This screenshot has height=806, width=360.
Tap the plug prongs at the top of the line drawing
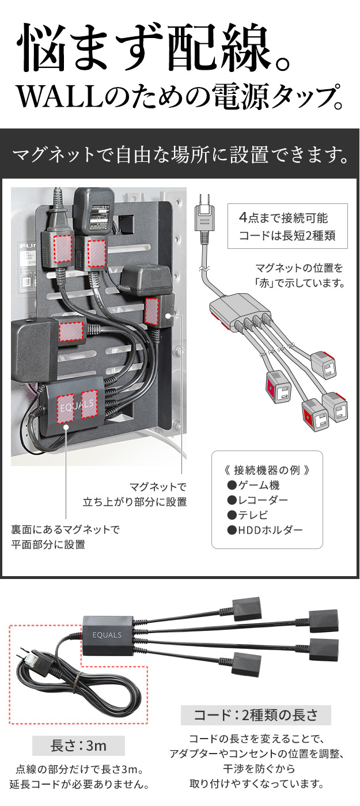pyautogui.click(x=204, y=200)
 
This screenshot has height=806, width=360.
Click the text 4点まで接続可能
pyautogui.click(x=283, y=218)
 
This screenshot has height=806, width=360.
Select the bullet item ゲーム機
pyautogui.click(x=253, y=486)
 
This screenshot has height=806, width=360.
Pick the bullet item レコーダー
pyautogui.click(x=257, y=500)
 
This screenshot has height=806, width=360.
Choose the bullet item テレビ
pyautogui.click(x=248, y=515)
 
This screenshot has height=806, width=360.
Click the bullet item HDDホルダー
pyautogui.click(x=265, y=529)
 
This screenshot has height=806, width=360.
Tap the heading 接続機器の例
pyautogui.click(x=267, y=470)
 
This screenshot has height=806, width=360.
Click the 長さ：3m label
pyautogui.click(x=78, y=746)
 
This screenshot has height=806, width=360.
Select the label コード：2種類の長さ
pyautogui.click(x=256, y=715)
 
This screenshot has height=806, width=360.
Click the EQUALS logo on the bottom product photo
pyautogui.click(x=107, y=635)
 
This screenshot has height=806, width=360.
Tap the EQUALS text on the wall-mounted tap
pyautogui.click(x=77, y=406)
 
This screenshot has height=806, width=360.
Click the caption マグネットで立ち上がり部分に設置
pyautogui.click(x=135, y=494)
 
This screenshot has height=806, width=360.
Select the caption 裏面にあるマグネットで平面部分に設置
pyautogui.click(x=65, y=537)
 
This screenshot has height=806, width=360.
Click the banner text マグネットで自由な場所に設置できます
pyautogui.click(x=180, y=155)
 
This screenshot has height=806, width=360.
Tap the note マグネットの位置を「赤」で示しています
pyautogui.click(x=300, y=275)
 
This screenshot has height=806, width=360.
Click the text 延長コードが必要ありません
pyautogui.click(x=79, y=784)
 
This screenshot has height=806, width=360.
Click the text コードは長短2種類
pyautogui.click(x=287, y=235)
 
